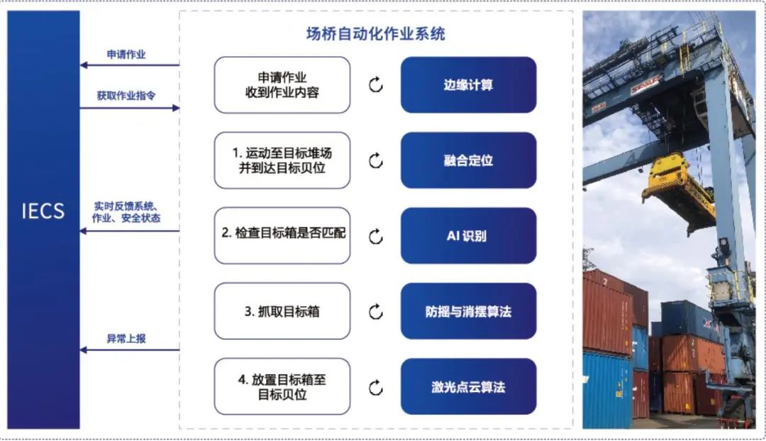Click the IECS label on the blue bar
click(x=43, y=211)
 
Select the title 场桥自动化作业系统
click(x=376, y=34)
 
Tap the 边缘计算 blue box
click(x=469, y=85)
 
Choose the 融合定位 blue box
click(x=469, y=160)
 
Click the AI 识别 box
click(x=469, y=236)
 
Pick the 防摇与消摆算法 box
click(x=469, y=311)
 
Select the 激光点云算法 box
click(x=469, y=387)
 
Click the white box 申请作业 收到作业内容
click(x=282, y=85)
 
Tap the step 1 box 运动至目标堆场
click(x=282, y=160)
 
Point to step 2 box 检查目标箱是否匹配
click(x=282, y=236)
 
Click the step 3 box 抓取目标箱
click(x=282, y=311)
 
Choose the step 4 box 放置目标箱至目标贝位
click(x=282, y=387)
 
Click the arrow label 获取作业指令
click(x=126, y=95)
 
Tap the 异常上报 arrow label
click(x=126, y=338)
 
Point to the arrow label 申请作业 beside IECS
click(x=126, y=54)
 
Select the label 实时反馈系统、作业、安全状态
click(x=126, y=212)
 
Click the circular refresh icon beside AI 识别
click(x=376, y=236)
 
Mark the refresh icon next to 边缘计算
click(x=376, y=85)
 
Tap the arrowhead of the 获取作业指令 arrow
click(x=177, y=107)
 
